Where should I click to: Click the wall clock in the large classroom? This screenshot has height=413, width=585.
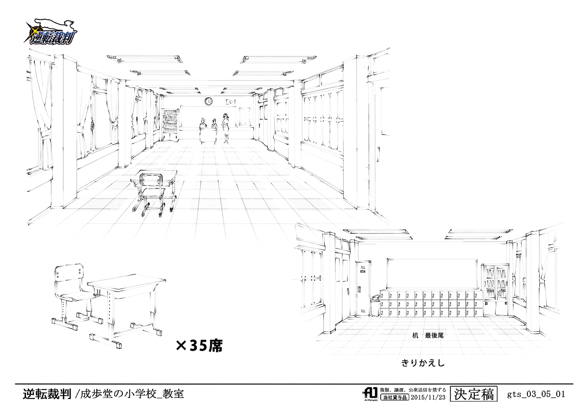point(208,101)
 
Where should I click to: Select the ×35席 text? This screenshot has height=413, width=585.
point(199,346)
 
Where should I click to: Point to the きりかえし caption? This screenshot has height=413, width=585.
point(423,363)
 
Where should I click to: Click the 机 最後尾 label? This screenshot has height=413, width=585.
point(428,335)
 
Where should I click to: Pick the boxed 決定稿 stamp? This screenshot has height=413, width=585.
point(473,394)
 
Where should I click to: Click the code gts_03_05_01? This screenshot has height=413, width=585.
point(536,394)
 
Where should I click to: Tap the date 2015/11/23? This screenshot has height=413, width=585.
point(428,397)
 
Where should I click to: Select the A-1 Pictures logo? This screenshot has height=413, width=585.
point(370,394)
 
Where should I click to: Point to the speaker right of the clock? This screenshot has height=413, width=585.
point(230,102)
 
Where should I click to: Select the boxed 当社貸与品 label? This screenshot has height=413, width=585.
point(395,397)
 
